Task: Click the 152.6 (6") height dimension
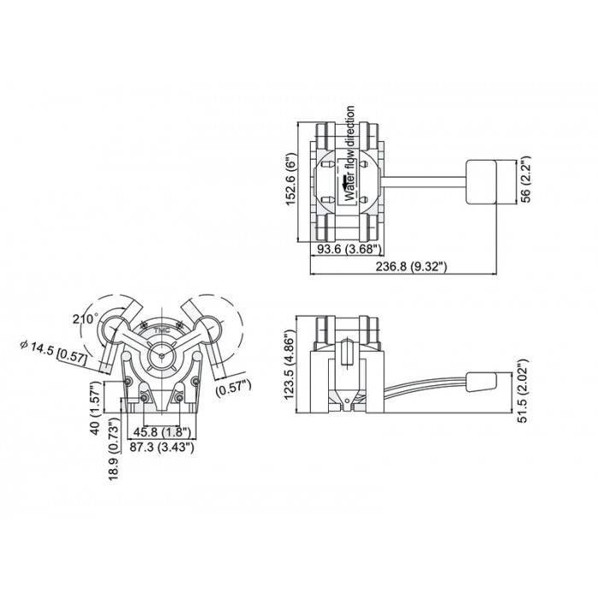(291, 179)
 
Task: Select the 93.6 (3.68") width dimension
(349, 249)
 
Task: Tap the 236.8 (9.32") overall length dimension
(411, 267)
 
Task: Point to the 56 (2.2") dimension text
(525, 179)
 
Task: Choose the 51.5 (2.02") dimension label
(524, 390)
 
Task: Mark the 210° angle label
(85, 319)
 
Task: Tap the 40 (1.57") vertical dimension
(96, 408)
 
